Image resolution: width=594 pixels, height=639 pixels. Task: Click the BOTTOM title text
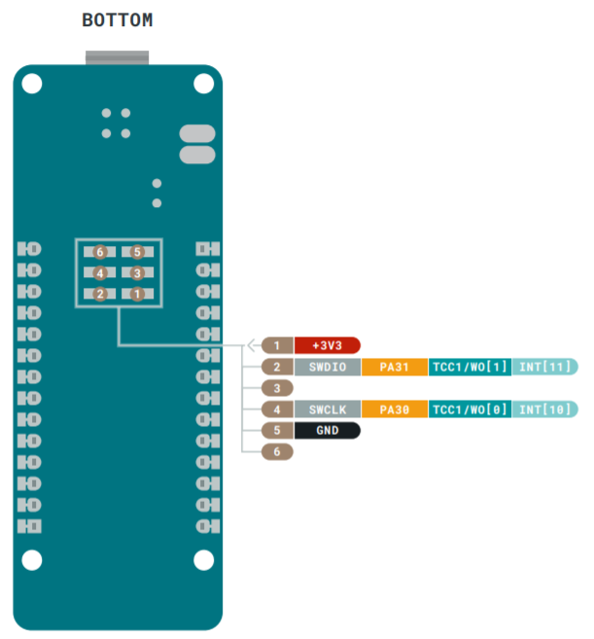pyautogui.click(x=117, y=20)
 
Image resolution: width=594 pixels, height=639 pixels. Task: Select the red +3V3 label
pyautogui.click(x=328, y=345)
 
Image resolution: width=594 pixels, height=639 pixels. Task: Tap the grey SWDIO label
pyautogui.click(x=328, y=367)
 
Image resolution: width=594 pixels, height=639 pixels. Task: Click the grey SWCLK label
pyautogui.click(x=328, y=409)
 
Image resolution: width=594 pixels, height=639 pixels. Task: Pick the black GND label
pyautogui.click(x=328, y=430)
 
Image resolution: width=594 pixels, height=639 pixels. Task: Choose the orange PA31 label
pyautogui.click(x=394, y=367)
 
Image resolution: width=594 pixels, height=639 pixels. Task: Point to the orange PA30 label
pyautogui.click(x=394, y=409)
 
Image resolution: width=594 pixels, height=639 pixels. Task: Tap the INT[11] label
pyautogui.click(x=543, y=367)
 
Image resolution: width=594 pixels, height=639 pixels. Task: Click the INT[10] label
pyautogui.click(x=543, y=409)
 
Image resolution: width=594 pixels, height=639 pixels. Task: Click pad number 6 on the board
pyautogui.click(x=99, y=253)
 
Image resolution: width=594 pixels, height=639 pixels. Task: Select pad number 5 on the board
pyautogui.click(x=137, y=253)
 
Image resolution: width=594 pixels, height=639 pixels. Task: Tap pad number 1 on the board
pyautogui.click(x=137, y=294)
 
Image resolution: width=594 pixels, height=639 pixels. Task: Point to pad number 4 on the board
pyautogui.click(x=99, y=273)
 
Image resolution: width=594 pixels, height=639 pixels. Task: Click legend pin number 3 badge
pyautogui.click(x=277, y=388)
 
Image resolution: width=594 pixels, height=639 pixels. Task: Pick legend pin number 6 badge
pyautogui.click(x=277, y=451)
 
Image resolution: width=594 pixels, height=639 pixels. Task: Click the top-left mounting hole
pyautogui.click(x=32, y=85)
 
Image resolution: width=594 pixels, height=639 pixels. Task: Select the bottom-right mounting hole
pyautogui.click(x=203, y=560)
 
